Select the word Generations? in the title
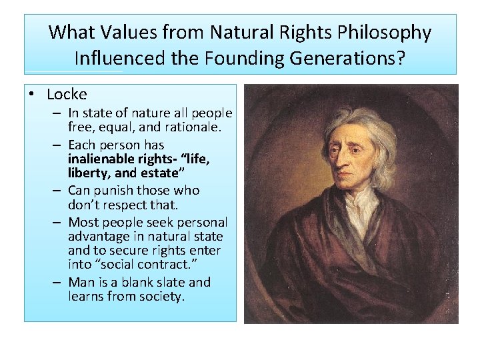click(x=347, y=58)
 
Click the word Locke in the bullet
click(x=67, y=95)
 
